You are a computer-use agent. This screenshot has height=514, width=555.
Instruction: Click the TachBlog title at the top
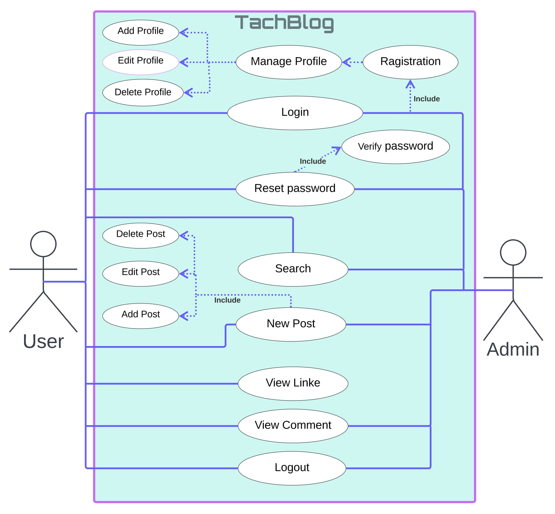[284, 23]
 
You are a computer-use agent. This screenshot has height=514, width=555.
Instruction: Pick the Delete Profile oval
[143, 92]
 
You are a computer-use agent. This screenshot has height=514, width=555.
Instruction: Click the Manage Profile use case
[289, 62]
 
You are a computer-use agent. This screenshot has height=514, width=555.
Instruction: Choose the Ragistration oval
[410, 62]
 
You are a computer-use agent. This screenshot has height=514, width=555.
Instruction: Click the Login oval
[295, 113]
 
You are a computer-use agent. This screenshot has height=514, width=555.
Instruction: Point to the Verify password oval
[395, 147]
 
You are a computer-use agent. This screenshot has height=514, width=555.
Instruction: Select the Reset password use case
[295, 189]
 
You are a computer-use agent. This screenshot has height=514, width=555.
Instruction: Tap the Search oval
[293, 269]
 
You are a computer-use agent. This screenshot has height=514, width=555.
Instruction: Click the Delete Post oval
[141, 235]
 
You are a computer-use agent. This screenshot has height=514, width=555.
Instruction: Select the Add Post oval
[141, 315]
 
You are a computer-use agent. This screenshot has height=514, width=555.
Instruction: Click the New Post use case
[291, 324]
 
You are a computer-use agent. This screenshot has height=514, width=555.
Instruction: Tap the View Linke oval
[293, 383]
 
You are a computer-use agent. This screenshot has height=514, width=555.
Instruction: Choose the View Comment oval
[293, 426]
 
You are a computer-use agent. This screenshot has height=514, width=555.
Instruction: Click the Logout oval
[292, 468]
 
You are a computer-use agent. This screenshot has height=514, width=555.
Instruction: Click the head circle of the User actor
[43, 244]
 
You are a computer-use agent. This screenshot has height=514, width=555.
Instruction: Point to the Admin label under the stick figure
[513, 350]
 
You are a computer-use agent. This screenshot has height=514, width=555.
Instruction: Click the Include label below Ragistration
[426, 99]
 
